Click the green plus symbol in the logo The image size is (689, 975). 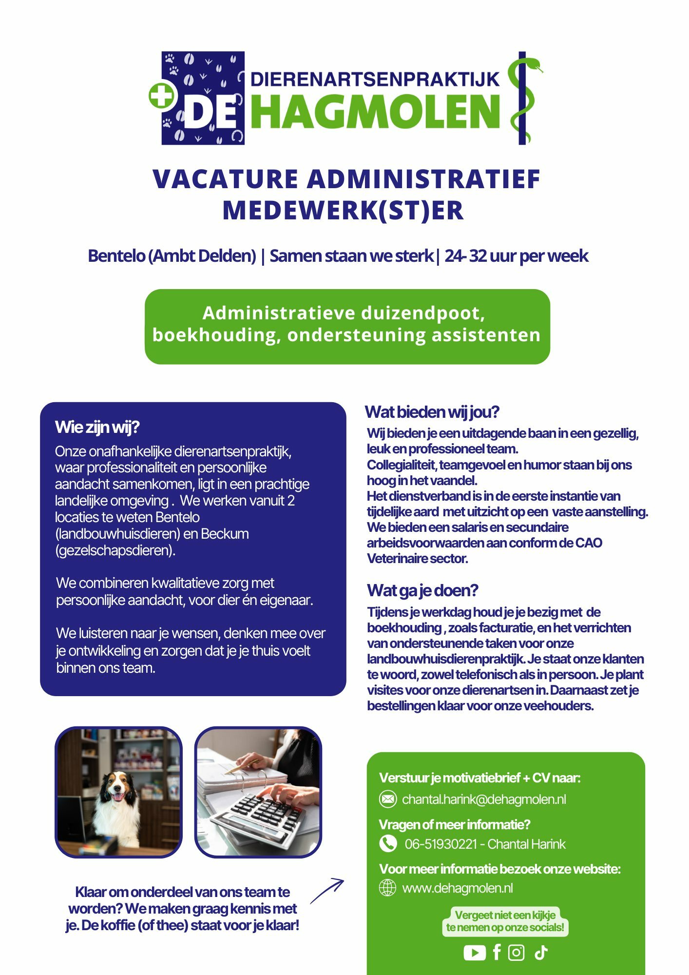pos(162,96)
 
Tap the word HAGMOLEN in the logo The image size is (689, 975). pos(376,112)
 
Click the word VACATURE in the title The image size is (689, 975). pos(225,179)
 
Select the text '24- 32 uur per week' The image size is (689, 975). pos(516,256)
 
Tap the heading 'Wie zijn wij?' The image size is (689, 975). pos(97,427)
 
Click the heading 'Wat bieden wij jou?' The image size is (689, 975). pos(432,412)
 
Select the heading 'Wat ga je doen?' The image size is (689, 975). pos(422,590)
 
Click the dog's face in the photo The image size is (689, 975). pos(118,788)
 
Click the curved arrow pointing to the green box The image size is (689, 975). pos(327,891)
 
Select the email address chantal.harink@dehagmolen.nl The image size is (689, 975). pos(484,799)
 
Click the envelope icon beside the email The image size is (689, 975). pos(387,799)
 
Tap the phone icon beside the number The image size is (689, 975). pos(387,843)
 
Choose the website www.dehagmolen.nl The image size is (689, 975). pos(457,888)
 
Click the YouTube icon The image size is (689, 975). pos(474,952)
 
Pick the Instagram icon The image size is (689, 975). pos(516,952)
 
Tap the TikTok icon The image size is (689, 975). pos(541,952)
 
